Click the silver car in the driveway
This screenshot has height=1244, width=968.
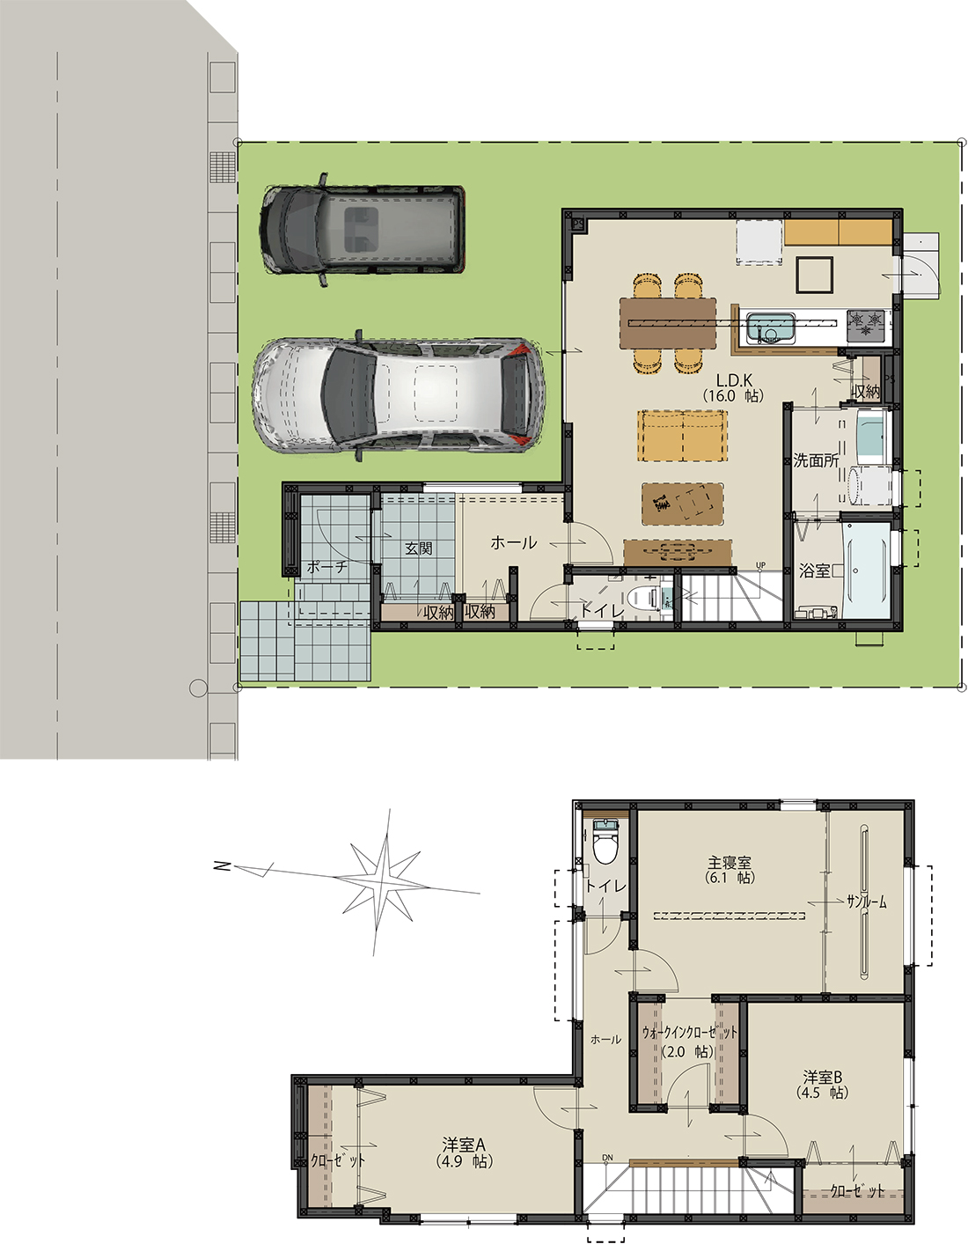[x=399, y=396]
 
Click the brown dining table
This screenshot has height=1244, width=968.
[x=668, y=323]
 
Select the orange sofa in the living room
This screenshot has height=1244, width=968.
[x=683, y=435]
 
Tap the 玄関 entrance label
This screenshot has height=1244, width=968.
[x=418, y=548]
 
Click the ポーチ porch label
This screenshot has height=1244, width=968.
[x=326, y=567]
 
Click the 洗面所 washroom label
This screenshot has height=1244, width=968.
[x=816, y=460]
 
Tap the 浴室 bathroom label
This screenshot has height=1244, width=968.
[x=814, y=570]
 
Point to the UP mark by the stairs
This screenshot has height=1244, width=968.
[x=760, y=565]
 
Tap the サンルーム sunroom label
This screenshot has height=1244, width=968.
[x=866, y=902]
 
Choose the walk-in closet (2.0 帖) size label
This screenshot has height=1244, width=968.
[x=687, y=1052]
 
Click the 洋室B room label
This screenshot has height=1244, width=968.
[x=823, y=1078]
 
